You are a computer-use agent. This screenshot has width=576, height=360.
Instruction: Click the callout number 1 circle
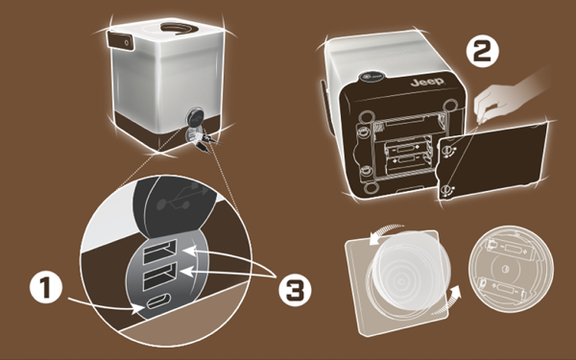tap(45, 287)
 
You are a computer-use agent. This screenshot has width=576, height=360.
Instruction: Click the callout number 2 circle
tap(483, 53)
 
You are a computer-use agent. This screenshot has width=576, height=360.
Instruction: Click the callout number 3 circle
tap(295, 290)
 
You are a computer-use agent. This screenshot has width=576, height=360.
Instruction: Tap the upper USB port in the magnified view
tap(160, 251)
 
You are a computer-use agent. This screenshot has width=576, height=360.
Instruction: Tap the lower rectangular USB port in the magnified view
tap(160, 276)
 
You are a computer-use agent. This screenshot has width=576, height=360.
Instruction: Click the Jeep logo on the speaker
tap(427, 82)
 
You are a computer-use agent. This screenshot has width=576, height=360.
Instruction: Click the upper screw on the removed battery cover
tap(447, 150)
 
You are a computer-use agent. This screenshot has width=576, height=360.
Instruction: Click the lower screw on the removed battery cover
tap(446, 190)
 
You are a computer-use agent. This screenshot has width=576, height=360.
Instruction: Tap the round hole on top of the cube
tap(180, 29)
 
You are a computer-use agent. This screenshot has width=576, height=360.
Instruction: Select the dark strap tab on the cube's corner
tap(120, 40)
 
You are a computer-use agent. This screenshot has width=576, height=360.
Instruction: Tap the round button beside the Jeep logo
tap(372, 77)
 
